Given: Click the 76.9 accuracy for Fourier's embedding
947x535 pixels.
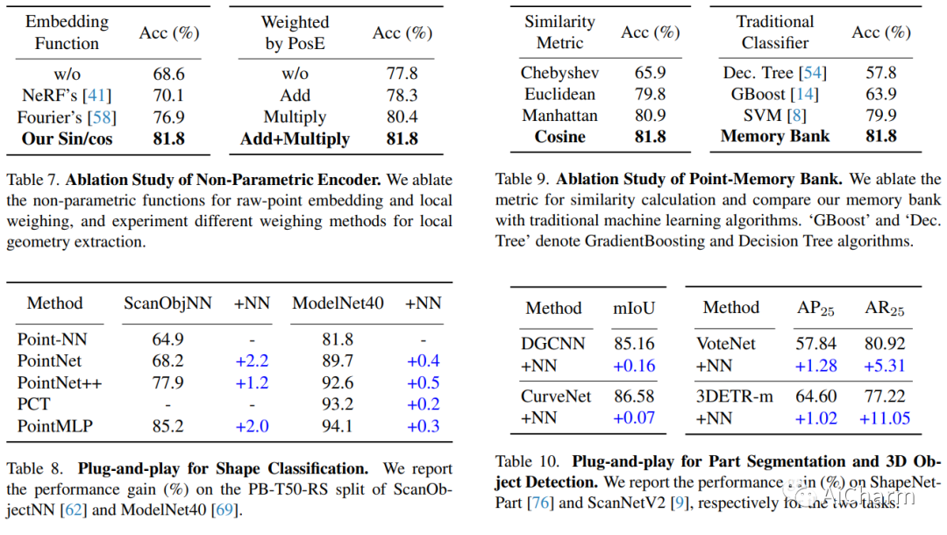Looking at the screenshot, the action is point(168,118).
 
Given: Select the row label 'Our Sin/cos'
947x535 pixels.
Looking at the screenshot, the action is point(67,139).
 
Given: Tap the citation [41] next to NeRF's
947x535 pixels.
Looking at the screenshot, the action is point(96,96).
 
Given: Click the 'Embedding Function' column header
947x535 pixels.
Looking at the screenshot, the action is point(67,32).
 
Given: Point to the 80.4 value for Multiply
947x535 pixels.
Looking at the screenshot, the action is point(402,117).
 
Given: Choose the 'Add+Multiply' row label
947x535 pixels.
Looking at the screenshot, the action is point(295,139).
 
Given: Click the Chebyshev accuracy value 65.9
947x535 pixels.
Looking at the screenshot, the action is point(650,73).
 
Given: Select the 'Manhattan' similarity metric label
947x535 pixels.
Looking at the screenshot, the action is point(559,116).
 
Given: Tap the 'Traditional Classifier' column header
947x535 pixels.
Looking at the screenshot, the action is point(775,32).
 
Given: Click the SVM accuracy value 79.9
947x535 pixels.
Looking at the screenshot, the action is point(880,115).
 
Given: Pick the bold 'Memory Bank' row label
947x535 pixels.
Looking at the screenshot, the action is point(775,136).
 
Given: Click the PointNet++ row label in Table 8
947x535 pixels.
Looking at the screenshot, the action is point(60,383).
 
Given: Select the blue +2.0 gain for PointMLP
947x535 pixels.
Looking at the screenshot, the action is point(252,425).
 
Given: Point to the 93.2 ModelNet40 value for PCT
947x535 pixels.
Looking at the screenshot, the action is point(338,404).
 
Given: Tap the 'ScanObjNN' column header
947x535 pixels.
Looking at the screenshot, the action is point(167,303).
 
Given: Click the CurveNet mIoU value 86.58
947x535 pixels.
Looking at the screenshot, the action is point(634,396).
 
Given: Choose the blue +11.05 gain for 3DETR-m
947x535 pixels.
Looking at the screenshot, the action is point(884,417).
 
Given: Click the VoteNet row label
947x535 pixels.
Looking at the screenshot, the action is point(725,344).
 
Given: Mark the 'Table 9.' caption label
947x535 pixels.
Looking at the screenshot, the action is point(522,179).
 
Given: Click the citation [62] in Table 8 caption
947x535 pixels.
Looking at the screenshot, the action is point(73,510).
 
